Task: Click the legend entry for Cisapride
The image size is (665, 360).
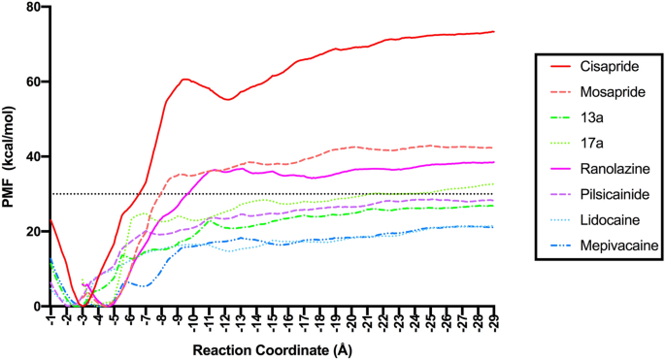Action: coord(603,67)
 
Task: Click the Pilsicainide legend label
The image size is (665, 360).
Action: coord(610,193)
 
